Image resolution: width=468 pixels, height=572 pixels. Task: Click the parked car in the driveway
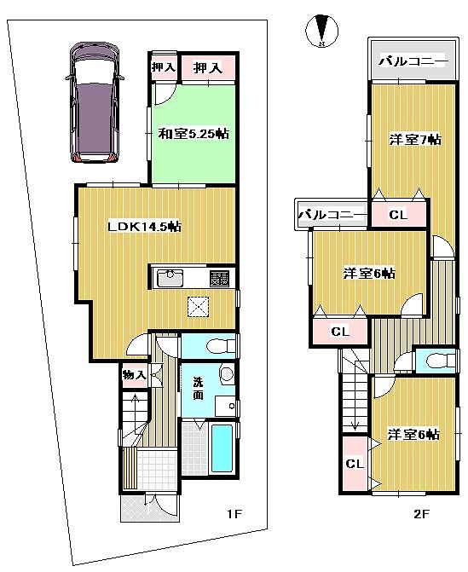point(95,104)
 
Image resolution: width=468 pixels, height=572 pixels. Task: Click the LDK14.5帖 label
point(143,226)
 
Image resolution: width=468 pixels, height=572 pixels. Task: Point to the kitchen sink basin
point(170,278)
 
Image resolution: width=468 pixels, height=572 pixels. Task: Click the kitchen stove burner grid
point(219,278)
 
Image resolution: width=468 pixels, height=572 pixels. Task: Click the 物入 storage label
point(134,373)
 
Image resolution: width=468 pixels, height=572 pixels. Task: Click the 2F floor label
point(421,514)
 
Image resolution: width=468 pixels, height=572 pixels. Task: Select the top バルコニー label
point(412,62)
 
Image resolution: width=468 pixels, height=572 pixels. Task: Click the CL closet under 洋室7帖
point(398,215)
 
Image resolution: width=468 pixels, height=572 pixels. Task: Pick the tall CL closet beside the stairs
point(354,463)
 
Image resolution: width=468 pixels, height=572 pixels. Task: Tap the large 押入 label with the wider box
point(207,69)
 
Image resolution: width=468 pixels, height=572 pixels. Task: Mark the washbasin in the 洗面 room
point(227,375)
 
